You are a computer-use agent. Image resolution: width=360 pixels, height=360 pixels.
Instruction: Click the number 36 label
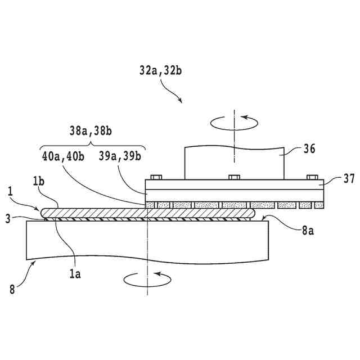coord(309,149)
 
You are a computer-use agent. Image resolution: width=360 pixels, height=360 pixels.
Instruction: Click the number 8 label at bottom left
coord(12,290)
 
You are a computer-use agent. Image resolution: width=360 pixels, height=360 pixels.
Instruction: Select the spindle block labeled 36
coord(234,162)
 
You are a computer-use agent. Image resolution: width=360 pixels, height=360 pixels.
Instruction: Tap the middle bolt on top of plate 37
coord(234,177)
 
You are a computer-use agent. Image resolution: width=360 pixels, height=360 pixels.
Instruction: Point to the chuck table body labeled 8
coord(146,242)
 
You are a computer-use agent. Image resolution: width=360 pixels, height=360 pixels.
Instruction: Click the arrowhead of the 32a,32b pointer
coord(181,101)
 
